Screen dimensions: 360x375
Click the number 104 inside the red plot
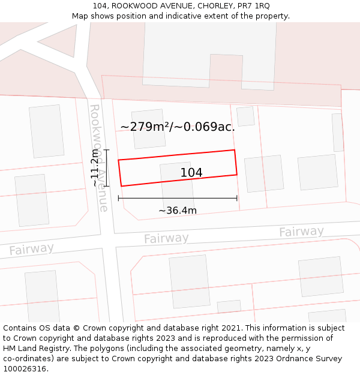191,173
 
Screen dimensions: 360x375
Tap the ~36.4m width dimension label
178,211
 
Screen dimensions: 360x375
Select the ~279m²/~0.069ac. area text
178,127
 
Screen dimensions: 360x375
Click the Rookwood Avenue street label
100,158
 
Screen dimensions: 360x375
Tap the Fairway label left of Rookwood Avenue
31,249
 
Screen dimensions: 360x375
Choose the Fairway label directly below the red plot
166,238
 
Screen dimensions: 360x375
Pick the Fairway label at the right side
301,232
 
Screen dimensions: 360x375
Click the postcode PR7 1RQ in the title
254,5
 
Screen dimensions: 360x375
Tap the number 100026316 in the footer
23,369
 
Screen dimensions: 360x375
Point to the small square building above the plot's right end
245,116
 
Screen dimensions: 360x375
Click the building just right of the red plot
264,173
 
